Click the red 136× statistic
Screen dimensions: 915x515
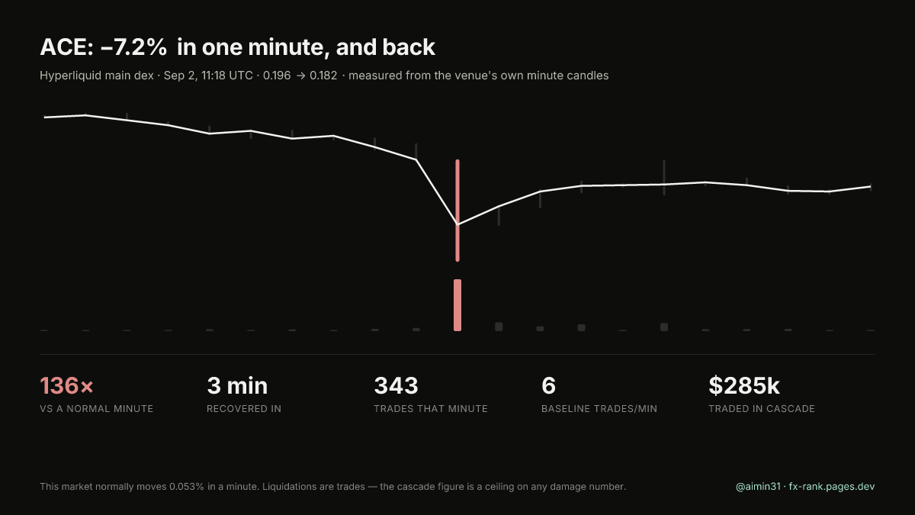coord(66,385)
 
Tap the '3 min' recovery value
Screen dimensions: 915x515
coord(237,385)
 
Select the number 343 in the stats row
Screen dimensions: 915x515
coord(396,385)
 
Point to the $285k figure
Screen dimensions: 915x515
coord(744,385)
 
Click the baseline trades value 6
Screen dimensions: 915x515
coord(548,385)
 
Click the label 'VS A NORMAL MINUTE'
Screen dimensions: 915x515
coord(96,409)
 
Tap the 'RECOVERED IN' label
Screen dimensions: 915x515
coord(244,409)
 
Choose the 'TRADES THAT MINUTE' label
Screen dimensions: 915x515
coord(431,409)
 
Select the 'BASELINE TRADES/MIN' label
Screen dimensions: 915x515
coord(599,409)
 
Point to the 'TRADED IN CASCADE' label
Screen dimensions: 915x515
coord(762,409)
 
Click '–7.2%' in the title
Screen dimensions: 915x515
coord(133,47)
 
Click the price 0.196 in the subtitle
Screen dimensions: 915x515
coord(277,76)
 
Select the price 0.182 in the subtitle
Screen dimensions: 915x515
coord(323,76)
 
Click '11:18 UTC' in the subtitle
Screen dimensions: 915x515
coord(227,76)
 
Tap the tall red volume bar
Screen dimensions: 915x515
coord(457,305)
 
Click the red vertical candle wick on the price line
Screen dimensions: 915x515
coord(457,211)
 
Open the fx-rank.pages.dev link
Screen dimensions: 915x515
coord(832,487)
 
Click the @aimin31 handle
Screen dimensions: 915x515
coord(758,487)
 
